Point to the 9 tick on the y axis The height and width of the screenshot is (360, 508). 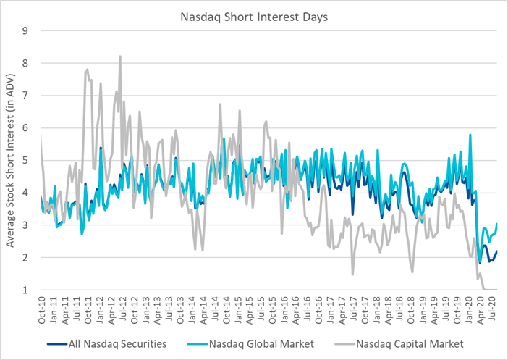(x=25, y=30)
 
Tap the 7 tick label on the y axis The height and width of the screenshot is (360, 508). (x=25, y=96)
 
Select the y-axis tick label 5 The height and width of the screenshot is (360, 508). (x=25, y=160)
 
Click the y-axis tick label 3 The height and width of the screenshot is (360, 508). (x=25, y=225)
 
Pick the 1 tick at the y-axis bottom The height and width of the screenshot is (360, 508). (x=25, y=290)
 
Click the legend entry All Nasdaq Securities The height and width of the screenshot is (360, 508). (x=113, y=343)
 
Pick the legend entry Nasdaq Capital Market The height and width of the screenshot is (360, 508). (x=407, y=343)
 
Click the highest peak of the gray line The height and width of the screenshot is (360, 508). (x=120, y=56)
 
